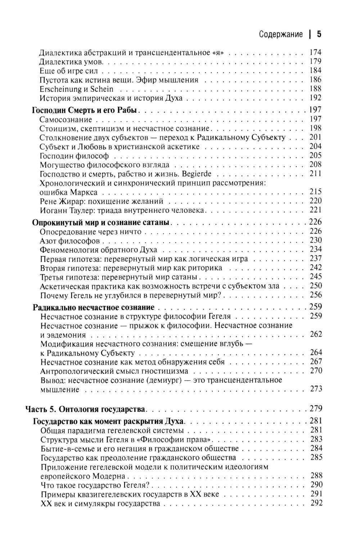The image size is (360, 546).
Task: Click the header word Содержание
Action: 281,35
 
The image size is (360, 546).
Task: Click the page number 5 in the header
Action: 319,35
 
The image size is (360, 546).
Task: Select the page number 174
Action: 315,53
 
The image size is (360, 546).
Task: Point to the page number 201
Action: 315,137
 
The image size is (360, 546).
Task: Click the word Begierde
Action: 197,174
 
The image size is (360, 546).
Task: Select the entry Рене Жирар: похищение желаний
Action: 102,201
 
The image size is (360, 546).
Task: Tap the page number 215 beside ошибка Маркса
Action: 315,192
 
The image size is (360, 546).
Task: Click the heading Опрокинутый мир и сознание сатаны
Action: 101,222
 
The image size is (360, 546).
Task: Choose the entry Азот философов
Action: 70,241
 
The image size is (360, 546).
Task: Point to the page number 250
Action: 316,286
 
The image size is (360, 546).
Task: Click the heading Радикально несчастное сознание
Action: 94,307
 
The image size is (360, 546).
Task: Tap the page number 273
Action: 316,389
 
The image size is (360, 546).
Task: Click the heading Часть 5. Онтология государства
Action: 85,409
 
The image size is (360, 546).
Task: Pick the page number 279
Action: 316,409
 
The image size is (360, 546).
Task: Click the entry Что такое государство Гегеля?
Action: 95,485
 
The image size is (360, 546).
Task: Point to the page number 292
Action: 316,503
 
